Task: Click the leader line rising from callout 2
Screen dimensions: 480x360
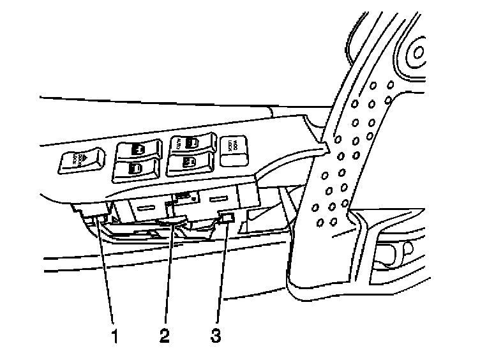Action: coord(169,274)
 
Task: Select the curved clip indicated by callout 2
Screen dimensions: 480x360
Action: coord(170,221)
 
